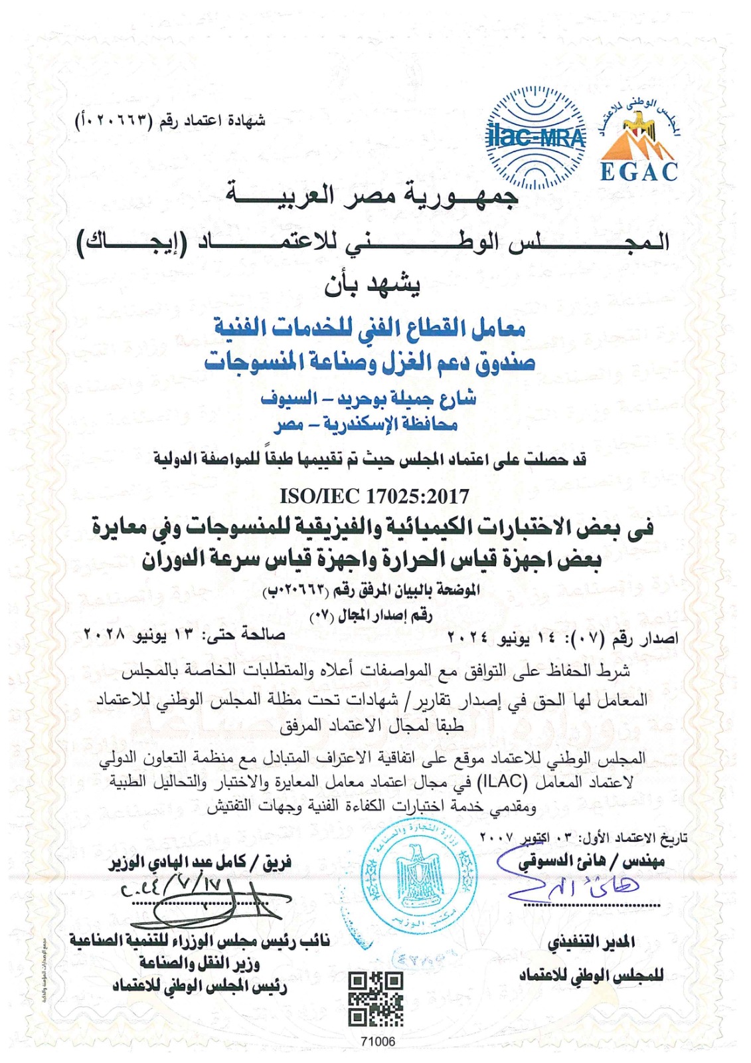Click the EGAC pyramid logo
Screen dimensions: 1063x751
click(x=639, y=143)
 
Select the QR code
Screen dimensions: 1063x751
click(x=376, y=999)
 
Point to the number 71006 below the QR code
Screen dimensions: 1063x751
click(x=377, y=1041)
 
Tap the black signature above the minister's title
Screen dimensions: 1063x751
click(x=219, y=900)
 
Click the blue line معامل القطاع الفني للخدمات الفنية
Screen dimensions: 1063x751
click(x=369, y=327)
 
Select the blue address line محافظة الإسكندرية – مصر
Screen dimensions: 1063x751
click(x=366, y=425)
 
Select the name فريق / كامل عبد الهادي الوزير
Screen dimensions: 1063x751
click(x=200, y=863)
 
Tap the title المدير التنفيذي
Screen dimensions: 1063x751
click(x=591, y=941)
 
